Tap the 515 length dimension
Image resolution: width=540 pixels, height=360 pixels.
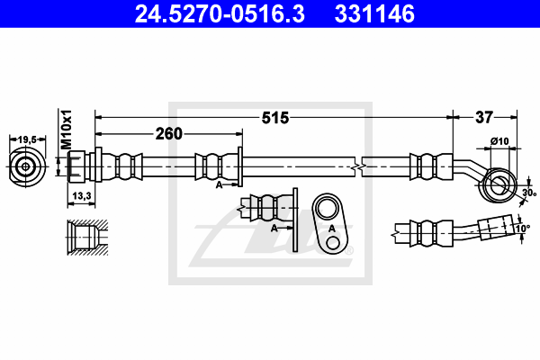coord(275,117)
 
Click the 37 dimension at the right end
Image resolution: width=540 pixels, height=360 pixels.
coord(484,117)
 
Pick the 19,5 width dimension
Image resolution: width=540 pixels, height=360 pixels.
coord(27,139)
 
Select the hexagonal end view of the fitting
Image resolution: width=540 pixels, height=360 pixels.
coord(27,166)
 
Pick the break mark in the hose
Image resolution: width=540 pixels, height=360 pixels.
coord(358,166)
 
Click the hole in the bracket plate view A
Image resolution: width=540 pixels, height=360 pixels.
coord(329,210)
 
